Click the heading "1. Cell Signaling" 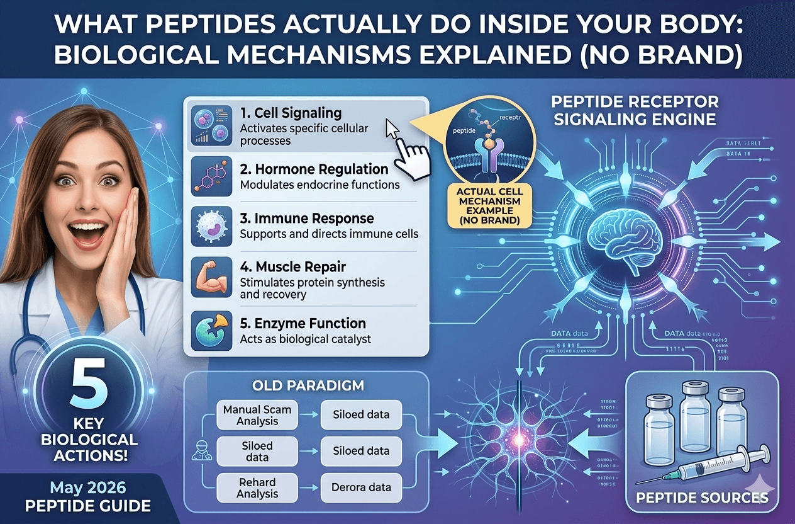click(291, 114)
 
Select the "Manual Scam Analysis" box click(257, 415)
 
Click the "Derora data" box click(362, 487)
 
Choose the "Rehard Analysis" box click(257, 487)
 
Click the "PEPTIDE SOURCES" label click(701, 498)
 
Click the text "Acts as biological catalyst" click(306, 339)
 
